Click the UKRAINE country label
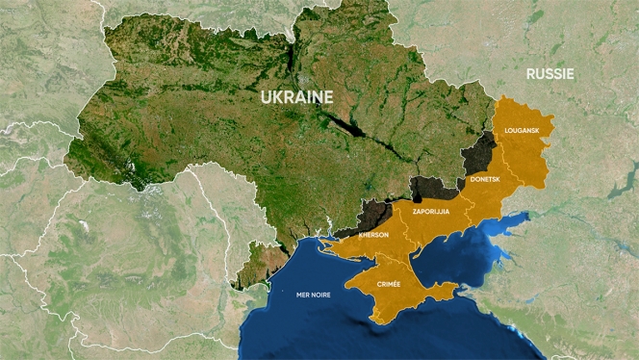(296, 96)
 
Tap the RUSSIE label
(550, 73)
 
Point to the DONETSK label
(485, 180)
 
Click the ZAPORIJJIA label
(431, 210)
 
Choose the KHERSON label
(373, 235)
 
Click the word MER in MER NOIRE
(305, 295)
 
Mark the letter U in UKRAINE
(267, 96)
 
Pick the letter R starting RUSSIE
(530, 73)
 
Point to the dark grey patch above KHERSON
(372, 214)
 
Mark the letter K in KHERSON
(360, 235)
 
